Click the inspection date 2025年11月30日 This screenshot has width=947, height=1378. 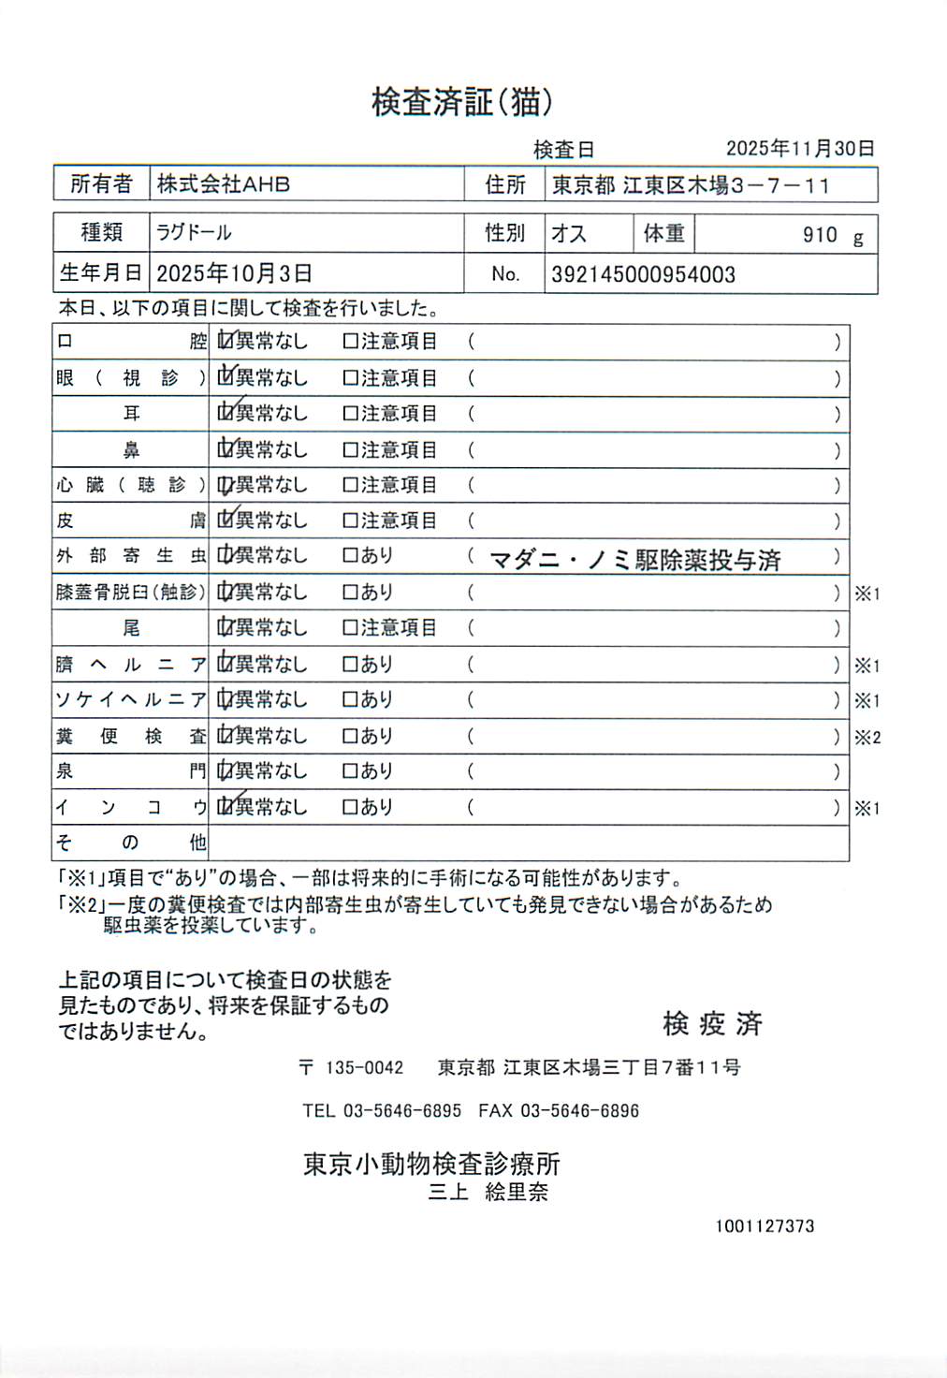click(800, 149)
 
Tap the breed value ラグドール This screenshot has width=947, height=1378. click(194, 232)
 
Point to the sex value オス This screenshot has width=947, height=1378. click(568, 233)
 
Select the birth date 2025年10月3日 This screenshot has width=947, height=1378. click(234, 273)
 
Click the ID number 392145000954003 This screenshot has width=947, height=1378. click(643, 274)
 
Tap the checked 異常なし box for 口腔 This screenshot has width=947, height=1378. click(225, 342)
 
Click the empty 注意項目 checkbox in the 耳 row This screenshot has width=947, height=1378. click(351, 414)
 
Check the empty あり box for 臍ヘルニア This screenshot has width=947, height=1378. click(351, 665)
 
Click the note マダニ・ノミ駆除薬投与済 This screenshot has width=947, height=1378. click(635, 560)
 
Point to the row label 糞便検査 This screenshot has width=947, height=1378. click(130, 737)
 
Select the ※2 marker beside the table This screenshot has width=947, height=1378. click(867, 738)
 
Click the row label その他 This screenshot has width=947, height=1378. click(130, 843)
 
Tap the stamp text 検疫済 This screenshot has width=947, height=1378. click(712, 1024)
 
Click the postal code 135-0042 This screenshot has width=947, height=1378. click(364, 1068)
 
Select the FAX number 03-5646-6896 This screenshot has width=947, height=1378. click(579, 1111)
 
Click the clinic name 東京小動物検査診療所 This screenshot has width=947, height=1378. click(431, 1164)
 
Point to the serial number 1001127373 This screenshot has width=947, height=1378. click(765, 1226)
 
